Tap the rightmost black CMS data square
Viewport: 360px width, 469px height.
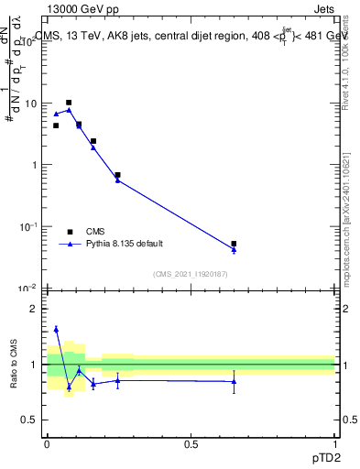234,244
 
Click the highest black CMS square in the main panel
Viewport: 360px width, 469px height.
69,103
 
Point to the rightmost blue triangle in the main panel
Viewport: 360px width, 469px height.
234,249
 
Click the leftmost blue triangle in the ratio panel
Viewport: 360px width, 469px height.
56,329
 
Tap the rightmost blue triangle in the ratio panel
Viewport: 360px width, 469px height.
234,381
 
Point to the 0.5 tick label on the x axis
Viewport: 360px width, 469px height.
191,443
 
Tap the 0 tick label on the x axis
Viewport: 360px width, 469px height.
47,443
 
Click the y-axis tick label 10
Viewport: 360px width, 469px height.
31,104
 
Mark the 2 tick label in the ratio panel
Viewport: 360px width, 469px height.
36,309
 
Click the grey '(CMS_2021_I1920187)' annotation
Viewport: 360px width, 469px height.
190,273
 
